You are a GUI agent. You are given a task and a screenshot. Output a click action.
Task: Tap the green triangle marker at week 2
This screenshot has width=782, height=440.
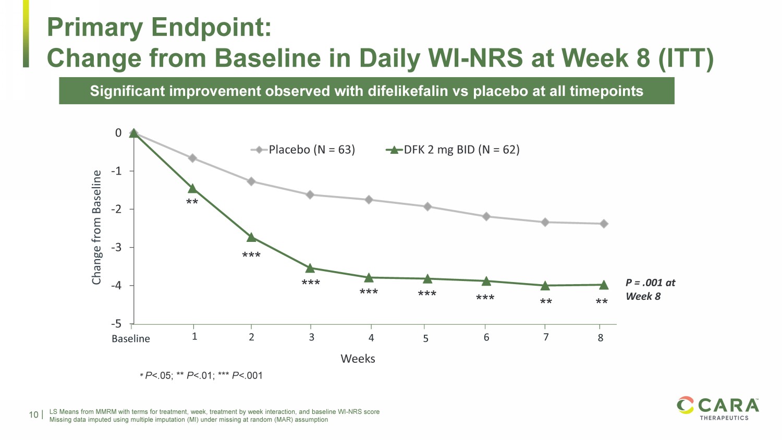tap(251, 237)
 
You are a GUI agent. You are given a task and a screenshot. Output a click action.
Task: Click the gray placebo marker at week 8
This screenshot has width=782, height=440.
tap(604, 224)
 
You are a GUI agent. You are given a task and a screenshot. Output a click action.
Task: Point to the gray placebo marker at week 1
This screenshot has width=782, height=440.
tap(192, 158)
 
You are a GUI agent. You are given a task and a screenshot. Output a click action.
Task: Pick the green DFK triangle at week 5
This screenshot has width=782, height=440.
tap(427, 279)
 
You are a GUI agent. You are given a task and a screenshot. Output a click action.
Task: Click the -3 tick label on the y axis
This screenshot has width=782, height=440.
tap(116, 248)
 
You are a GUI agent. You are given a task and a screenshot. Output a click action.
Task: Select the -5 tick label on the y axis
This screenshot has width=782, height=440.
tap(116, 324)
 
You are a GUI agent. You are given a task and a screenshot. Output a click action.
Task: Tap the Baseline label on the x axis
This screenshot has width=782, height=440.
tap(131, 339)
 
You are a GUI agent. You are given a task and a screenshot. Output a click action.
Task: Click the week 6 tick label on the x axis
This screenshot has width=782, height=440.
tap(486, 338)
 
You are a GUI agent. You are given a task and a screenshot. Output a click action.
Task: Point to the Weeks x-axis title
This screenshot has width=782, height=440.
tap(358, 359)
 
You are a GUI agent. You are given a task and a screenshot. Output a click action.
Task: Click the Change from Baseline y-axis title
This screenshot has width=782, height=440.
tap(96, 227)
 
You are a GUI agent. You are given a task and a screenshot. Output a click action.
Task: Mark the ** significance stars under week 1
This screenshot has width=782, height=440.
tap(192, 202)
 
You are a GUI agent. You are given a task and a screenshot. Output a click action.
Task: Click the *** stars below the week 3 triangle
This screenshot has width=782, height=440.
tap(311, 284)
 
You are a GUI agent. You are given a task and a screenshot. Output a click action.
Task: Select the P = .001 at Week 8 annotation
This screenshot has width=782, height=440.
tap(650, 289)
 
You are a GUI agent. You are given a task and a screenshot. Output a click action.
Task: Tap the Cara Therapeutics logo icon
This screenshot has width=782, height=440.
tap(685, 406)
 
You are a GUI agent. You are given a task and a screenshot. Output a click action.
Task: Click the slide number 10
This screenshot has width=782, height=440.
tap(34, 415)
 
